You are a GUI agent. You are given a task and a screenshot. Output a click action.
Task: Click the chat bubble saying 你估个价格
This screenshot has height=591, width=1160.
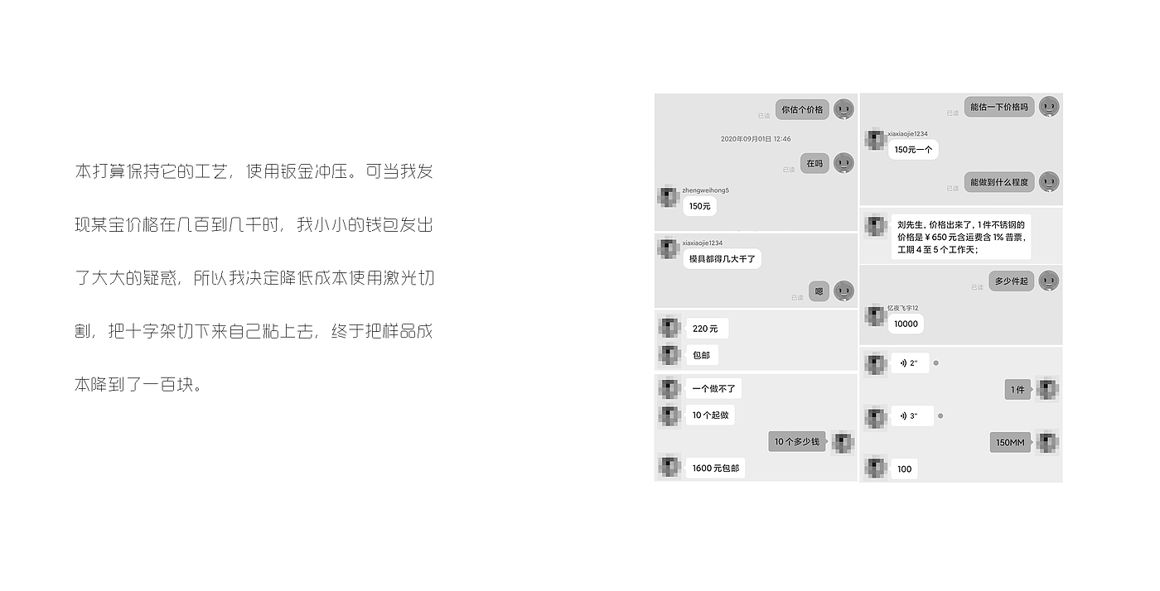point(802,109)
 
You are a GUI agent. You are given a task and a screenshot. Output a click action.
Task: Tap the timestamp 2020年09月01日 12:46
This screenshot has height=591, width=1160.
point(755,139)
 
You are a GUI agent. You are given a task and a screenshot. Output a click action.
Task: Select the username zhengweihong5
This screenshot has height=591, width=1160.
point(705,190)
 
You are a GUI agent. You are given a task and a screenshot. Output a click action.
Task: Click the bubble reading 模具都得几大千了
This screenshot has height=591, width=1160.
point(722,259)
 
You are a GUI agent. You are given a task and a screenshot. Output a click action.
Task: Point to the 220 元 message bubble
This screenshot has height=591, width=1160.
point(705,329)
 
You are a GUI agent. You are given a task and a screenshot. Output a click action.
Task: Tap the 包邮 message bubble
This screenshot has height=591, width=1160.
point(701,355)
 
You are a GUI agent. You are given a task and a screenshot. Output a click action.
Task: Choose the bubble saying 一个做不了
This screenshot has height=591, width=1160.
point(713,388)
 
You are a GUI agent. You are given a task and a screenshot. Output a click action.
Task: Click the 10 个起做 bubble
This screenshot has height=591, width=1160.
point(710,415)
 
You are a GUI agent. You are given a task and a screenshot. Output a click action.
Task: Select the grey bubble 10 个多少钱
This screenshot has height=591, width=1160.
point(796,442)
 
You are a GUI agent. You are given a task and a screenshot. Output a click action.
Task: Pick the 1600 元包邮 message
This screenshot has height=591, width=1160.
point(717,468)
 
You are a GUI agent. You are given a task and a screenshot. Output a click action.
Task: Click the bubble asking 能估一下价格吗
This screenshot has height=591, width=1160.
point(998,107)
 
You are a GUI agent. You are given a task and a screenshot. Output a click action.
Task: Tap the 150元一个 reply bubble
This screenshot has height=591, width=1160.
point(913,150)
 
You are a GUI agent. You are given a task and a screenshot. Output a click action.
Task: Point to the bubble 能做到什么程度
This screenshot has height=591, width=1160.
point(998,182)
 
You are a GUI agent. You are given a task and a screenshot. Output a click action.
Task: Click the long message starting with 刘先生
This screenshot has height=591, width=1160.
point(960,237)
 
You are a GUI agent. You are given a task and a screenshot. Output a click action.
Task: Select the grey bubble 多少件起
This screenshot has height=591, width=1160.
point(1011,281)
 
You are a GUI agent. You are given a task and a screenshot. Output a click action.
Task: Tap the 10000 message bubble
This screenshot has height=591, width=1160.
point(906,324)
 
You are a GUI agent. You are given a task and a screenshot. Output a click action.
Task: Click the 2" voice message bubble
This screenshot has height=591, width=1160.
point(909,363)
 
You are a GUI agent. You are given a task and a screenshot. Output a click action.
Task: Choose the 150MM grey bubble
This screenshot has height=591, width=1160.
point(1010,443)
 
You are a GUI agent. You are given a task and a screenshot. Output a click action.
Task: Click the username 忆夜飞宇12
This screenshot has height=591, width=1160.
point(902,308)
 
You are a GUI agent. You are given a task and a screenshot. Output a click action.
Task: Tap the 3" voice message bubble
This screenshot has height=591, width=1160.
point(911,416)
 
